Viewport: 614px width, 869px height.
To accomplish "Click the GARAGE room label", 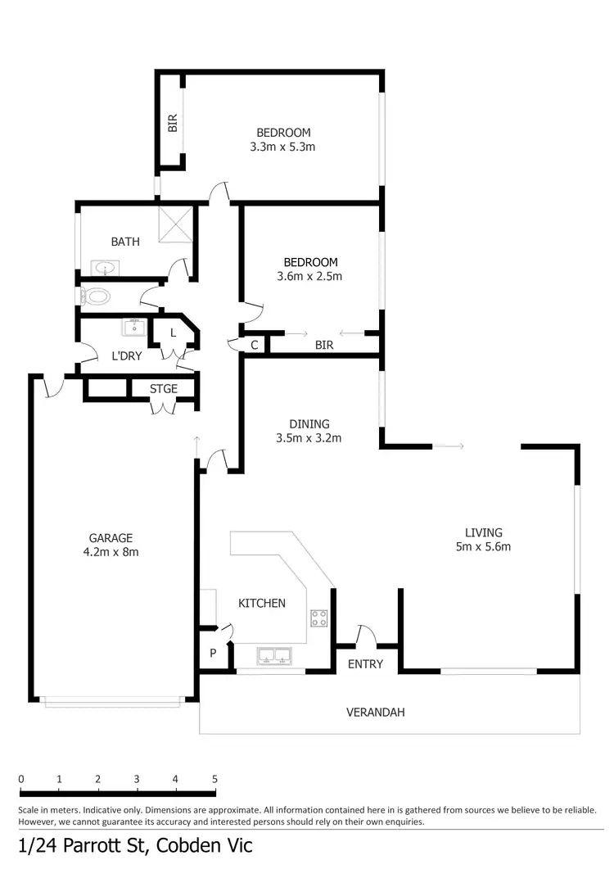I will coord(111,538).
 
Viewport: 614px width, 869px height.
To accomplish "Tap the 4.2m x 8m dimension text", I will coord(111,552).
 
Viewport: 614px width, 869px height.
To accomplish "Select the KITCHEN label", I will coord(262,604).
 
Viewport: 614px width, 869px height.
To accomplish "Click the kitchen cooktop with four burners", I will coord(319,618).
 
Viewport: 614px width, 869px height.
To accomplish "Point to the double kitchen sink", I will coord(273,654).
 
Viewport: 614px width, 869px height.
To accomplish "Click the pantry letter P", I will coord(213,654).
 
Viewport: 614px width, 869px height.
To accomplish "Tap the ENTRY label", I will coord(365,664).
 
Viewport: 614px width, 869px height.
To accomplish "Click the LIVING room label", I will coord(482,532).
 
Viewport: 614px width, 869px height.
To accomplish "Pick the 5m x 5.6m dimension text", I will coord(482,546).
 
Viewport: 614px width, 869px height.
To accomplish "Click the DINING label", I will coord(309,424).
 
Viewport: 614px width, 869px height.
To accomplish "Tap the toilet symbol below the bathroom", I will coord(97,296).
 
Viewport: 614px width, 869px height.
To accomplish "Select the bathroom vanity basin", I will coord(105,268).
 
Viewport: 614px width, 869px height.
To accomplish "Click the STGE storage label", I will coord(164,389).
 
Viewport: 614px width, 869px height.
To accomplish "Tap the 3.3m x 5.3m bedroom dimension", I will coord(283,147).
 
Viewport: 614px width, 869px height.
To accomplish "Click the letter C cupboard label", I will coord(255,346).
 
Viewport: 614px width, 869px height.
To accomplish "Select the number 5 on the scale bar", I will coord(214,779).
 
